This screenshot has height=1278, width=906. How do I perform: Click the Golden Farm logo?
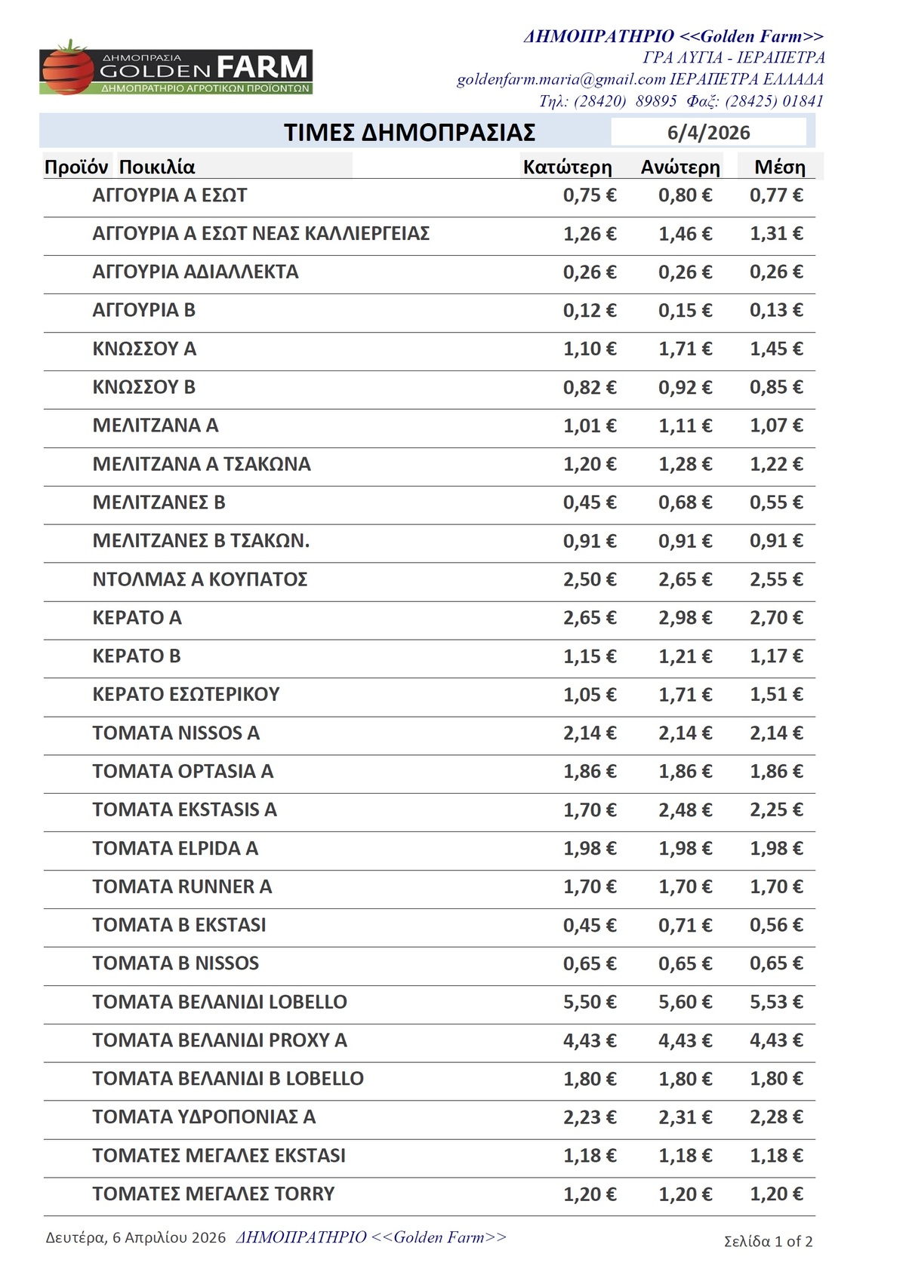coord(176,69)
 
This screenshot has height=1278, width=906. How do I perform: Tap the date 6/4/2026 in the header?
coord(708,133)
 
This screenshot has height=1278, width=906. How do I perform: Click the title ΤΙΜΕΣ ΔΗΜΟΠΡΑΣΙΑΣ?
coord(409,133)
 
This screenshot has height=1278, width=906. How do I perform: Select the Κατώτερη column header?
coord(567,167)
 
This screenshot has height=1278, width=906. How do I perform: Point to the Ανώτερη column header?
coord(680,167)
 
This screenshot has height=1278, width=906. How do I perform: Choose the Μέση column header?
coord(780,167)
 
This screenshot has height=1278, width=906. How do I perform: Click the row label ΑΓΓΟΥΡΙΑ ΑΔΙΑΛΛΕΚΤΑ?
coord(195,272)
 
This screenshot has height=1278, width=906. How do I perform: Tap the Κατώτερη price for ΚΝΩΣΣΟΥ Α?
coord(589,349)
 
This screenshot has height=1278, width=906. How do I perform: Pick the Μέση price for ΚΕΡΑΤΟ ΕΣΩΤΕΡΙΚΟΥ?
coord(775,694)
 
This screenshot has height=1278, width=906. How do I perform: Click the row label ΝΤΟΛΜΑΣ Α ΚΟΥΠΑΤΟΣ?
coord(199,579)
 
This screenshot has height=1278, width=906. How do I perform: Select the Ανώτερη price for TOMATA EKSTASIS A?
coord(685,810)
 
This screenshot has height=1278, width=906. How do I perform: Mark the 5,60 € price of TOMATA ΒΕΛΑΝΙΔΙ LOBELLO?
coord(685,1002)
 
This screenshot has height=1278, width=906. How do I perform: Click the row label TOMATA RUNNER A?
coord(182,886)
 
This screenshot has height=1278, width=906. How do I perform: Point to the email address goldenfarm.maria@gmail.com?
coord(561,79)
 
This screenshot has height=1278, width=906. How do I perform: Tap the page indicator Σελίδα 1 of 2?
coord(768,1241)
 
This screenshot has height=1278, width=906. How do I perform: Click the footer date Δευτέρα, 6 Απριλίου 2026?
coord(136,1237)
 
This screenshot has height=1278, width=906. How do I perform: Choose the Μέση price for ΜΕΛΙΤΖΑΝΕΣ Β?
coord(775,502)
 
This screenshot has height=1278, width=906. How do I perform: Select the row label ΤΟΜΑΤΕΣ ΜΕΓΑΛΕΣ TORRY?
coord(213,1194)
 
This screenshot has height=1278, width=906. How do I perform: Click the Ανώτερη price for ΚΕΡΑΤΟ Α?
coord(685,618)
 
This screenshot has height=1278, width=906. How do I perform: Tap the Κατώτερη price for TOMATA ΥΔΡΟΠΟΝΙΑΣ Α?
coord(589,1117)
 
